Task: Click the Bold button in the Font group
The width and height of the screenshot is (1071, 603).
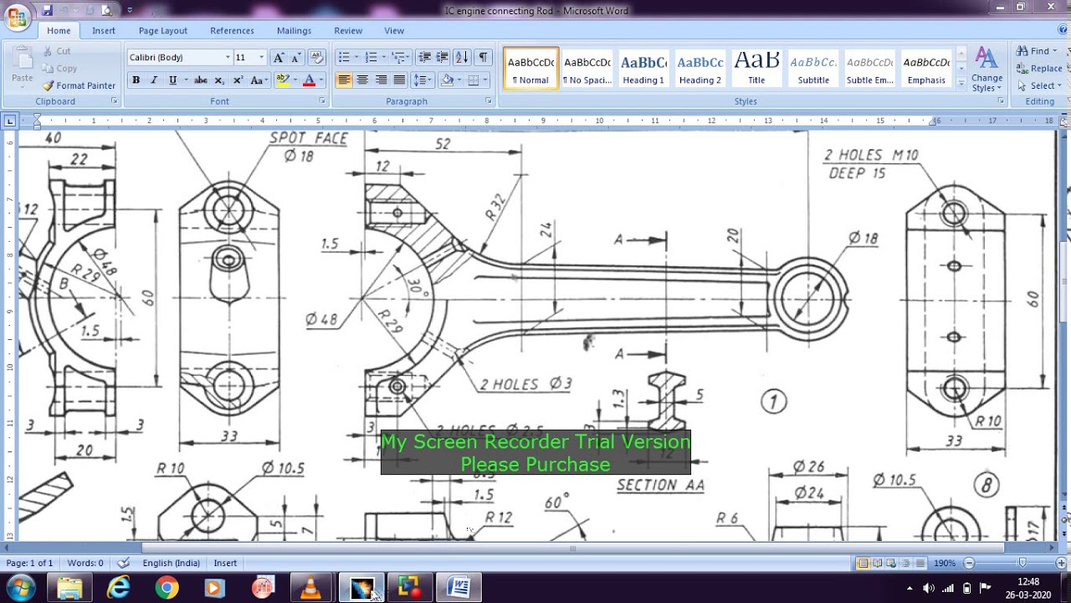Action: coord(136,80)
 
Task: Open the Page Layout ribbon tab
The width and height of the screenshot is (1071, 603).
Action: coord(163,31)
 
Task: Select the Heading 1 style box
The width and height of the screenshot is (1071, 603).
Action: coord(643,68)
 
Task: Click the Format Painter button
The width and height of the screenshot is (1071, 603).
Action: coord(79,85)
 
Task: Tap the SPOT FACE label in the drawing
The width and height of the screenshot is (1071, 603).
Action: coord(308,138)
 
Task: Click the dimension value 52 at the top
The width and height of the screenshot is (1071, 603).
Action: coord(443,144)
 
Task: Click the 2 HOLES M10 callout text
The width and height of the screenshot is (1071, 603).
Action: coord(870,155)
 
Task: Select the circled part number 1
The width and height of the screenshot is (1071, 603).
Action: coord(773,402)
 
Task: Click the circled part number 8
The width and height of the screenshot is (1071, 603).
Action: coord(986,484)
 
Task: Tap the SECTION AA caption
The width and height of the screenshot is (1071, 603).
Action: coord(660,485)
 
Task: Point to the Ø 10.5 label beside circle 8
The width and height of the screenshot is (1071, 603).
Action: coord(894,480)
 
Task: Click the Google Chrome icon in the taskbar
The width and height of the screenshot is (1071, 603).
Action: coord(167,588)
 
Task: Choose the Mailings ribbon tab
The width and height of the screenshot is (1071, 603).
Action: coord(294,31)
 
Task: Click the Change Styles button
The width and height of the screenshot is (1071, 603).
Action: coord(986,69)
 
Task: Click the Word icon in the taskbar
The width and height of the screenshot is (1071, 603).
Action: coord(459,588)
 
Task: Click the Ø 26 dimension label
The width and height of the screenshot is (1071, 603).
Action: coord(808,466)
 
